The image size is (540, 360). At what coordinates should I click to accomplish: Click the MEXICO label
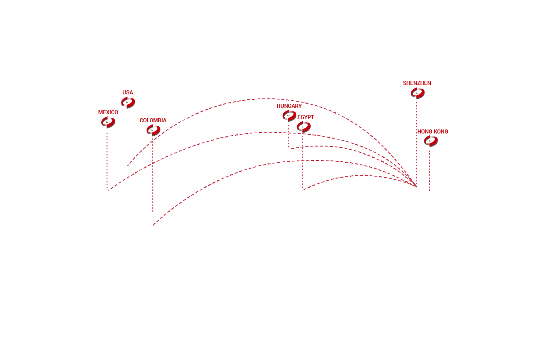pyautogui.click(x=108, y=112)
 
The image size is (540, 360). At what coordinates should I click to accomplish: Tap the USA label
pyautogui.click(x=128, y=93)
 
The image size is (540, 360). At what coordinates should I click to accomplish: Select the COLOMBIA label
pyautogui.click(x=153, y=120)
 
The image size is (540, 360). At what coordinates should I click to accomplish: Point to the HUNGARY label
pyautogui.click(x=289, y=106)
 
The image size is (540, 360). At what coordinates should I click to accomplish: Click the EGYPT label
pyautogui.click(x=305, y=117)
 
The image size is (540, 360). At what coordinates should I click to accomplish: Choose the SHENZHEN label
pyautogui.click(x=417, y=83)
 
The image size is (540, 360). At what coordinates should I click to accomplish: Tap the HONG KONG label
pyautogui.click(x=433, y=132)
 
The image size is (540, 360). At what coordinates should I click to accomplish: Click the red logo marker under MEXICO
pyautogui.click(x=108, y=122)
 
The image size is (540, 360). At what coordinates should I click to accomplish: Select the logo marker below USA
pyautogui.click(x=128, y=102)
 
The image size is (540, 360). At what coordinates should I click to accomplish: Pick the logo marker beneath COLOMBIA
pyautogui.click(x=153, y=130)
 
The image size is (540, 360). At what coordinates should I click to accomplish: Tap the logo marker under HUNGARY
pyautogui.click(x=289, y=116)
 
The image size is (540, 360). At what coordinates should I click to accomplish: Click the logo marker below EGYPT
pyautogui.click(x=303, y=127)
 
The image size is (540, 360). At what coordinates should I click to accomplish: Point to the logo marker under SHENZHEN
pyautogui.click(x=418, y=93)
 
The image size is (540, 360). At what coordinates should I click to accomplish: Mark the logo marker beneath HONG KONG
pyautogui.click(x=431, y=141)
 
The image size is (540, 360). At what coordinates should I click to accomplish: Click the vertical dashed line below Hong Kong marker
pyautogui.click(x=429, y=171)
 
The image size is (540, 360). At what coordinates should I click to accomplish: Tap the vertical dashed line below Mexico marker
pyautogui.click(x=107, y=161)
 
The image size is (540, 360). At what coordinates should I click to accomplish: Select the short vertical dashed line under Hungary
pyautogui.click(x=288, y=136)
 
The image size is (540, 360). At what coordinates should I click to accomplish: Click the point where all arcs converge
pyautogui.click(x=416, y=187)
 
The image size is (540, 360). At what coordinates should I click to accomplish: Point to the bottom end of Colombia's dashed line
pyautogui.click(x=153, y=225)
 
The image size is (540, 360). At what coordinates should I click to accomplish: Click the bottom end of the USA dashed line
pyautogui.click(x=127, y=166)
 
